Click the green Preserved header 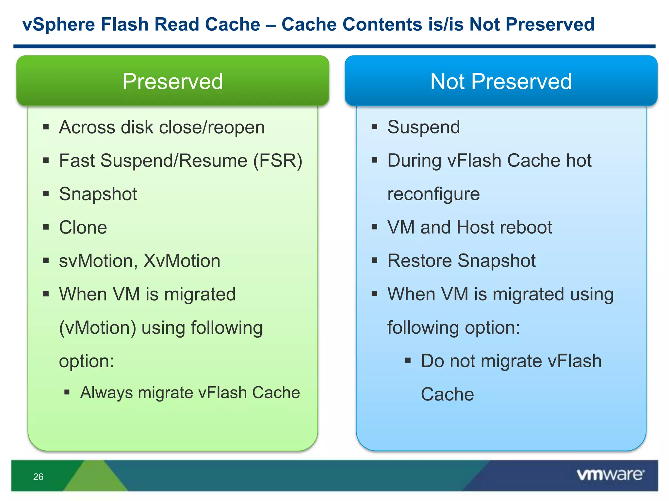pyautogui.click(x=172, y=81)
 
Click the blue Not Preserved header pyautogui.click(x=501, y=81)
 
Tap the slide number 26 pyautogui.click(x=38, y=477)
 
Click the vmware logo pyautogui.click(x=610, y=475)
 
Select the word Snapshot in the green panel pyautogui.click(x=98, y=194)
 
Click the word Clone pyautogui.click(x=83, y=227)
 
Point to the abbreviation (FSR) pyautogui.click(x=278, y=161)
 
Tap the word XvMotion pyautogui.click(x=182, y=261)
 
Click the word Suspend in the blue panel pyautogui.click(x=423, y=127)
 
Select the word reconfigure pyautogui.click(x=433, y=194)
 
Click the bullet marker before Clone pyautogui.click(x=46, y=227)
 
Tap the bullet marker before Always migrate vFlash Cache pyautogui.click(x=67, y=392)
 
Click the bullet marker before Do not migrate pyautogui.click(x=408, y=360)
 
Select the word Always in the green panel pyautogui.click(x=106, y=393)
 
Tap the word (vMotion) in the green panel pyautogui.click(x=97, y=328)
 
